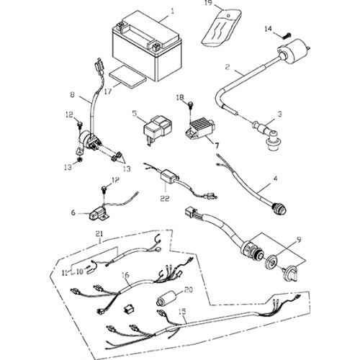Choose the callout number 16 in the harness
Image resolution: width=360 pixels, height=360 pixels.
(125, 274)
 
